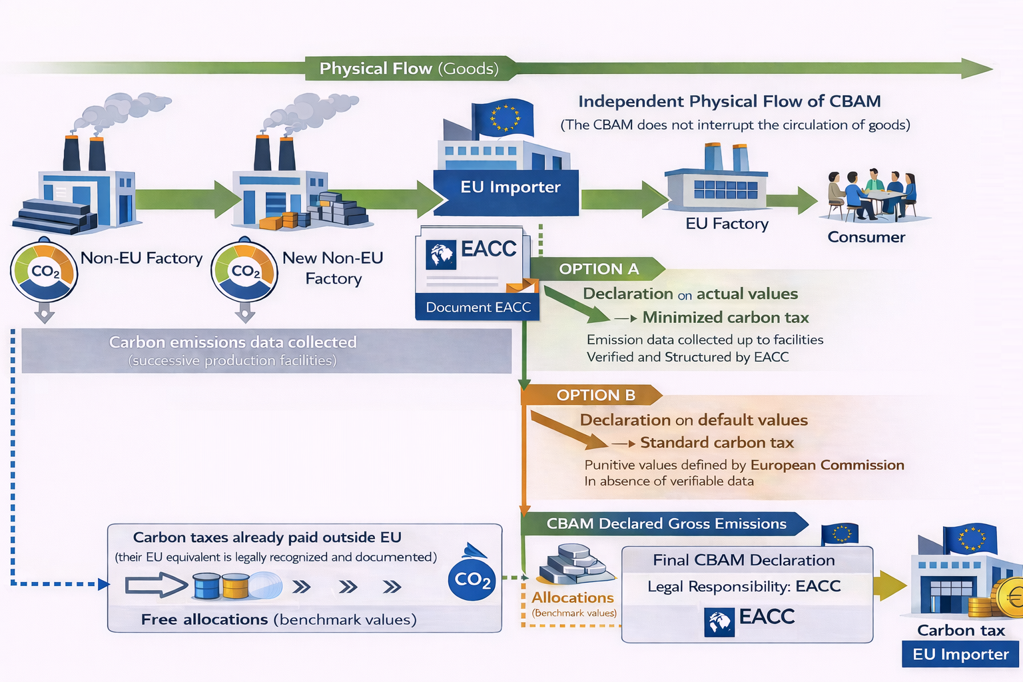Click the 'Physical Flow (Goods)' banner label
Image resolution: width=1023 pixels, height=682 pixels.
409,69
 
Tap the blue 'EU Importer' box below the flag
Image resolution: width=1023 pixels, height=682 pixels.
510,187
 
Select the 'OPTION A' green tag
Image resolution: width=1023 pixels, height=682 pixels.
599,269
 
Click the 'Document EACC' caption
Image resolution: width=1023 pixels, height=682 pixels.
478,307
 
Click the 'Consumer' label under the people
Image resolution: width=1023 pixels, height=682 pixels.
866,237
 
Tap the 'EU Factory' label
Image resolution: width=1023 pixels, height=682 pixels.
727,224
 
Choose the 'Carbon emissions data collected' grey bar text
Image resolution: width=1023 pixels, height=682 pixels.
233,342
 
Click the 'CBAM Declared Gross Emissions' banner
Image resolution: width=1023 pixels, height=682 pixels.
666,524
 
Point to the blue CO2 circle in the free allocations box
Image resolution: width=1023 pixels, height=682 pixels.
472,579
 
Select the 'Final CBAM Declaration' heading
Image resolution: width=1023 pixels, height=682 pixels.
743,560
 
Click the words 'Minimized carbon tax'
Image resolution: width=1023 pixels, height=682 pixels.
725,318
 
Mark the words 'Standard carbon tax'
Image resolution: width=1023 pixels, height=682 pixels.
717,443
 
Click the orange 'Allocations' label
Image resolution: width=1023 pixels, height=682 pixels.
572,597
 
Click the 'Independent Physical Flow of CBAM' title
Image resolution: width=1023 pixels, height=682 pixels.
729,101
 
